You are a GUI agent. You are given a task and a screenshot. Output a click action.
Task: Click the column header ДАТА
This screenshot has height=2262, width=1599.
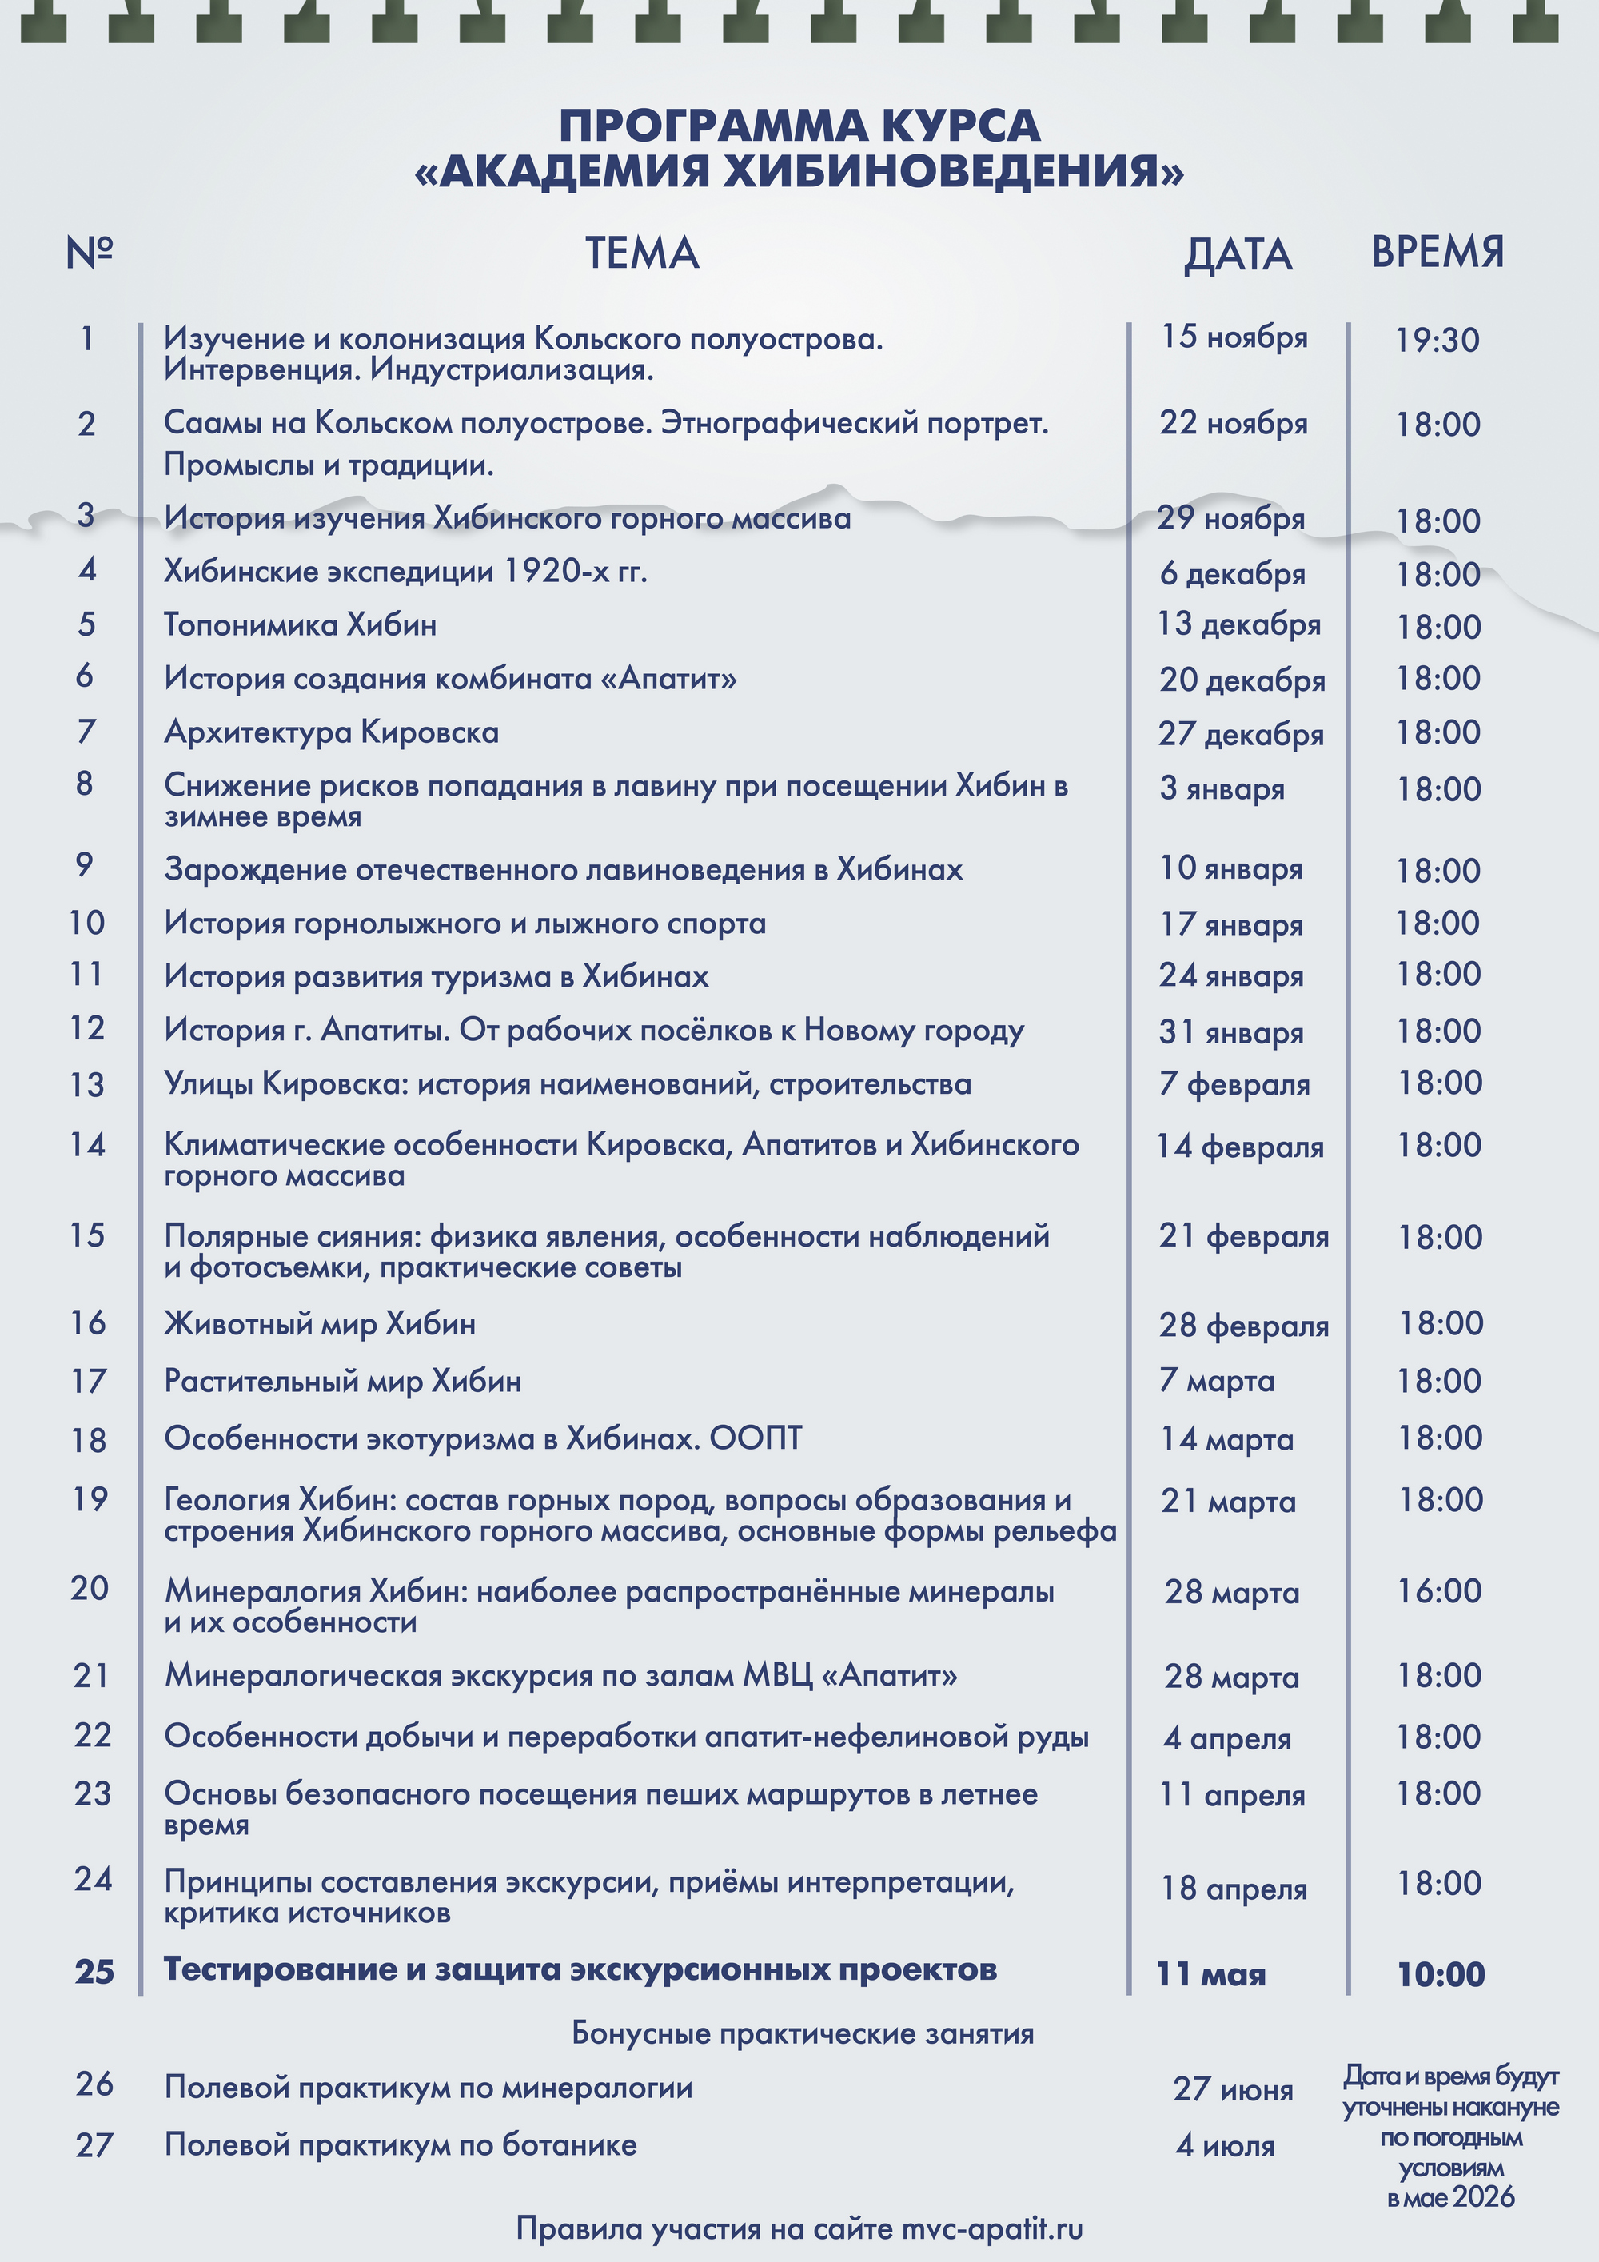click(1238, 254)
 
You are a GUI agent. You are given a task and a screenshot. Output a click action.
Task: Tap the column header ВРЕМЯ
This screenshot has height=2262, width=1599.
click(1438, 252)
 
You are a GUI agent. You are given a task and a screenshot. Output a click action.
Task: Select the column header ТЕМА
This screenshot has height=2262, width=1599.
click(642, 253)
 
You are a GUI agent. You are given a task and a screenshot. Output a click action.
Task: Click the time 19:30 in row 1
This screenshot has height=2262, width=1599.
click(1438, 340)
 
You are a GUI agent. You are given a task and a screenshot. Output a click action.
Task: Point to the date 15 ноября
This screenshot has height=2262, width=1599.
click(1234, 337)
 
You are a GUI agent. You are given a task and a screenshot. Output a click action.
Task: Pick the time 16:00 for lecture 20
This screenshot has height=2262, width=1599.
click(1438, 1591)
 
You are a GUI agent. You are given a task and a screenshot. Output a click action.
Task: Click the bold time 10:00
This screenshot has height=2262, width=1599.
click(1441, 1974)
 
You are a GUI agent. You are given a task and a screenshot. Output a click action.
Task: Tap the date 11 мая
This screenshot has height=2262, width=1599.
click(1210, 1974)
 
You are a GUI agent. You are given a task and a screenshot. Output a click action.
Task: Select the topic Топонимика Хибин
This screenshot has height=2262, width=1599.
click(301, 624)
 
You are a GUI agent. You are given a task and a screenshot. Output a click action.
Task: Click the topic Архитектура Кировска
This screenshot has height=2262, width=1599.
click(332, 732)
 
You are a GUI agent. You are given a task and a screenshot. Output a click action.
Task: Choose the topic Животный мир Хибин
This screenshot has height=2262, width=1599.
click(320, 1323)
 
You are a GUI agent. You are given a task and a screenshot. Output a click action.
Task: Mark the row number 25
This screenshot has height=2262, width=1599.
click(94, 1972)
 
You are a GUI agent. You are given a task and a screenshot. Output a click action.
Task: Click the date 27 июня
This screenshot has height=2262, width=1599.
click(1233, 2088)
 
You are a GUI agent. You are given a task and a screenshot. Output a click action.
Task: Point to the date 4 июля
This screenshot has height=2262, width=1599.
click(1225, 2146)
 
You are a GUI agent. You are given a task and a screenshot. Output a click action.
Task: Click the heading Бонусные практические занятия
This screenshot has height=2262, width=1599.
click(803, 2033)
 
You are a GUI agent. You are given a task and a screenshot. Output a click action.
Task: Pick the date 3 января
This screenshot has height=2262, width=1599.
click(1222, 788)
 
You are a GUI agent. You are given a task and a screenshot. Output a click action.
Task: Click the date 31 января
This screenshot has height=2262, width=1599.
click(1230, 1031)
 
